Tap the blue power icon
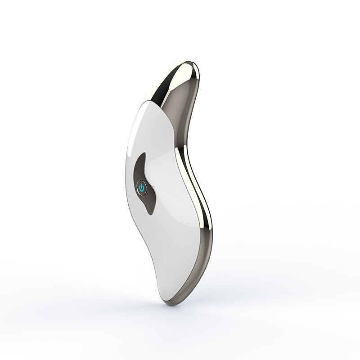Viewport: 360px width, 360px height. (141, 188)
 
